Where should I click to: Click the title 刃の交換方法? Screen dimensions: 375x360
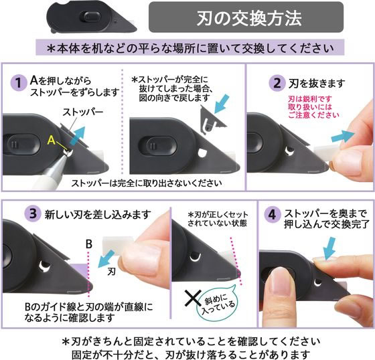(248, 19)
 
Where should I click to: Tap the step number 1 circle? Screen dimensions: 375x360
(19, 83)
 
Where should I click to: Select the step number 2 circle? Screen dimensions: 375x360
(277, 83)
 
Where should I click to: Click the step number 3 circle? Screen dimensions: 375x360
(33, 213)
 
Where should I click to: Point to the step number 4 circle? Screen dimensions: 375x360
(272, 214)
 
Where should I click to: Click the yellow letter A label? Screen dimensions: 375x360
(52, 140)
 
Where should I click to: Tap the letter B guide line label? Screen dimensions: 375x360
(89, 244)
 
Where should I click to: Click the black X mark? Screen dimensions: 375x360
(193, 298)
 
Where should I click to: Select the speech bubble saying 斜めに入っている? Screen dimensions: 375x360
(218, 302)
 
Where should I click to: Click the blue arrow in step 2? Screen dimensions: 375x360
(343, 137)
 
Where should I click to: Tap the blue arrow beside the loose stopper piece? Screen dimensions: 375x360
(222, 104)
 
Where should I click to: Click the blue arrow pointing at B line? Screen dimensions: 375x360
(106, 259)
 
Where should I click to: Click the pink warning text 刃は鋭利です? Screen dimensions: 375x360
(310, 99)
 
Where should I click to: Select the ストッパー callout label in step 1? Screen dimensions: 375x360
(83, 112)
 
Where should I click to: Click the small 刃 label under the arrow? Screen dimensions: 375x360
(111, 272)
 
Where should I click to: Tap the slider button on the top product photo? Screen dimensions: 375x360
(92, 17)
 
